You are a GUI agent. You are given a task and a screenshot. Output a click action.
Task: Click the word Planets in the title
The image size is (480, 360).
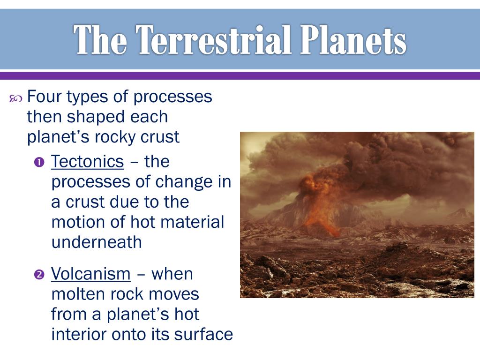click(353, 40)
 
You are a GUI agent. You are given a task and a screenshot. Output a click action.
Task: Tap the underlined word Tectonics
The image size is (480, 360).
click(88, 161)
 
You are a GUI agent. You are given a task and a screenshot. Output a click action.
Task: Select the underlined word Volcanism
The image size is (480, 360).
click(91, 274)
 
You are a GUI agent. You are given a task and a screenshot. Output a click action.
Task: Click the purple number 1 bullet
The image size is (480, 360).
click(39, 162)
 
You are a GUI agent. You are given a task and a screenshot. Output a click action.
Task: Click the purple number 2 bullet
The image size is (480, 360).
click(39, 274)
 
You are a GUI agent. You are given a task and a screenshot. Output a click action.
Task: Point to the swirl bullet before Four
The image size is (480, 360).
click(15, 98)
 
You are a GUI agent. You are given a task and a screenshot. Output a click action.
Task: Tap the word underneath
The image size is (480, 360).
click(97, 242)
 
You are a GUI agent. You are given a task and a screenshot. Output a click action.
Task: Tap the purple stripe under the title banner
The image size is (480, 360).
click(240, 75)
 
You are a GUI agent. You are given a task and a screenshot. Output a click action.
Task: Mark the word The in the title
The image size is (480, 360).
click(100, 40)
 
